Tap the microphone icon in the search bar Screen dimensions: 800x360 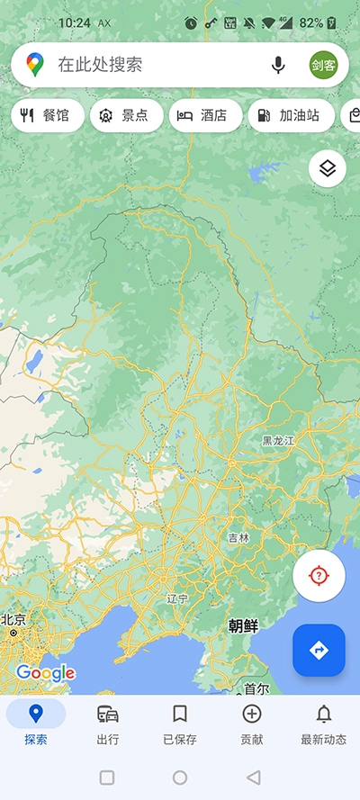coord(279,65)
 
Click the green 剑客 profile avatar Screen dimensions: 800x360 coord(323,65)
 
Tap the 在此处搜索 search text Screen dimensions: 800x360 coord(101,65)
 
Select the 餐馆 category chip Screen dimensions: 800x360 coord(47,115)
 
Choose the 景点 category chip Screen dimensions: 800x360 coord(126,115)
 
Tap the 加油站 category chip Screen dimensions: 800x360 coord(290,115)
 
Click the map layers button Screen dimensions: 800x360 coord(328,168)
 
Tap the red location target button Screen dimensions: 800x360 coord(319,576)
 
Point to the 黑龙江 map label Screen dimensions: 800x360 coord(279,441)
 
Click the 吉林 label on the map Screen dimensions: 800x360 coord(238,537)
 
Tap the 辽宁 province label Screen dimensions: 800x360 coord(177,598)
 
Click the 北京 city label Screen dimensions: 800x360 coord(13,620)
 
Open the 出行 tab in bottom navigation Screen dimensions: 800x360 coord(108,724)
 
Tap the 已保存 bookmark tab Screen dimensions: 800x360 coord(180,724)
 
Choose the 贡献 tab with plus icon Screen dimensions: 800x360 coord(252,724)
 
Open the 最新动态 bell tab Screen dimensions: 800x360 coord(324,724)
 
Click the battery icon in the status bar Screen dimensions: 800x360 coord(332,22)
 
